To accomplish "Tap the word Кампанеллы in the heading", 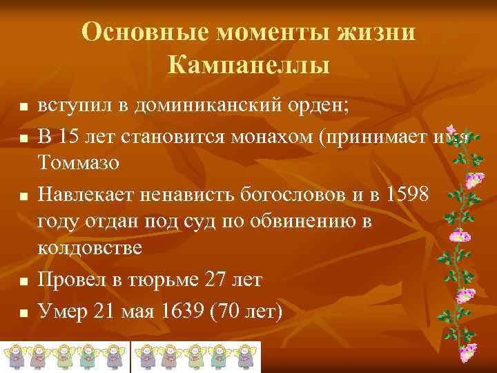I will coord(248,66).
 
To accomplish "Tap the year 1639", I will coord(186,311).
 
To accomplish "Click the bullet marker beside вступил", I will coord(23,108).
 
